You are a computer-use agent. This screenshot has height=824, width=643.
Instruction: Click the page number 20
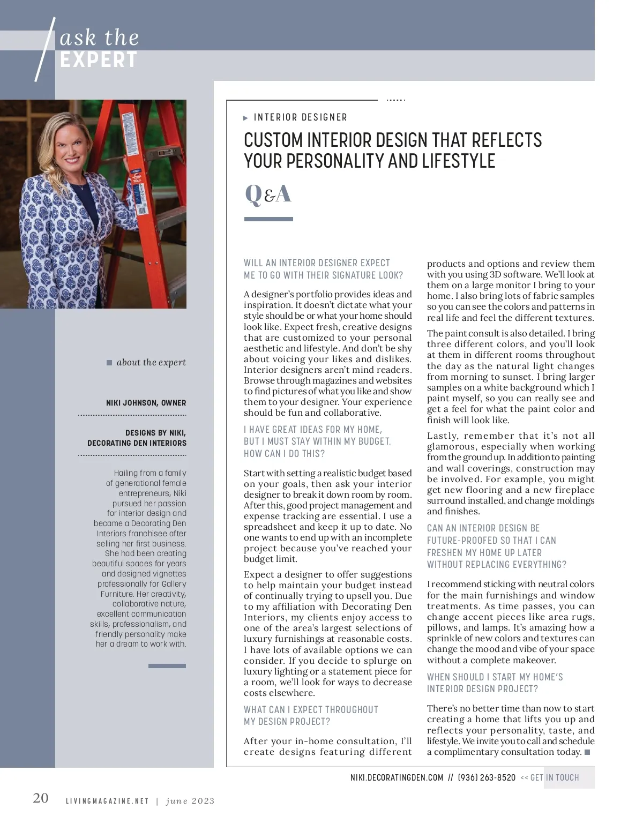pos(41,798)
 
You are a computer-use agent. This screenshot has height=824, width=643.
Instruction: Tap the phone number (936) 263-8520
pos(487,777)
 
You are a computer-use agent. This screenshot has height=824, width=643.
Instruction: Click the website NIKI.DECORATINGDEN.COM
pos(397,777)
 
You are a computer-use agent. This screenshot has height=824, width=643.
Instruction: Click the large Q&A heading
pos(268,194)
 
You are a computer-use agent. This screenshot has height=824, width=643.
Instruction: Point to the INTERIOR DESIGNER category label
pos(300,117)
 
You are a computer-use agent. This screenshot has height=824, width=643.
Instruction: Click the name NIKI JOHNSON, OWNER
pos(146,403)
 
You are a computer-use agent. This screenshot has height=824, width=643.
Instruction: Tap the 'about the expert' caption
pos(151,363)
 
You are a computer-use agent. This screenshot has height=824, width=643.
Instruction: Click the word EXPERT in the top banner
pos(99,60)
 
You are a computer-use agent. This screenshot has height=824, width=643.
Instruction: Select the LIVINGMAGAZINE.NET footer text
pos(107,801)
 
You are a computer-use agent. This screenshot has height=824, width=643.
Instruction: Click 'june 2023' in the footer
pos(190,801)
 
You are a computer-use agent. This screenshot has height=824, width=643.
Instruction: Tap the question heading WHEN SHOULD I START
pos(495,677)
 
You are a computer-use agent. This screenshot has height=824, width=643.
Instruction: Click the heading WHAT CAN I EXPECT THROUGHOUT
pos(311,710)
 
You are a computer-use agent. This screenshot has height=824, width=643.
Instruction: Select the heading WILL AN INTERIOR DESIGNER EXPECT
pos(317,263)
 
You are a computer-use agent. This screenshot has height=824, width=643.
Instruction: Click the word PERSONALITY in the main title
pos(349,161)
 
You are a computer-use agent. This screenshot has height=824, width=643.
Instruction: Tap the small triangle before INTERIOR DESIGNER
pos(246,118)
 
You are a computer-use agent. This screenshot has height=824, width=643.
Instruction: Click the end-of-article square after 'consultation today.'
pos(587,752)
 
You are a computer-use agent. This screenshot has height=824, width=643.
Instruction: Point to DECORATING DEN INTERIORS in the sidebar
pos(137,443)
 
